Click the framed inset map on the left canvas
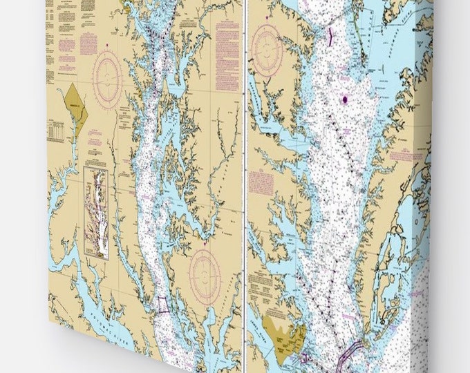click(97, 213)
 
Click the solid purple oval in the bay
click(344, 99)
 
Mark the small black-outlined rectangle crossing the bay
click(162, 305)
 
